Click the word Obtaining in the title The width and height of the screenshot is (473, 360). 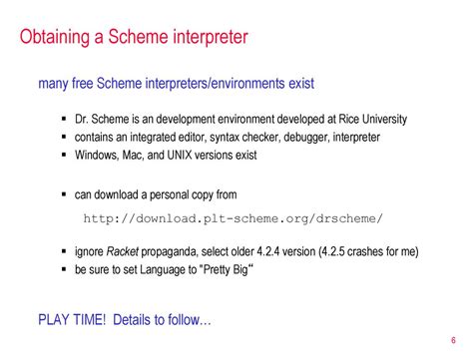click(55, 37)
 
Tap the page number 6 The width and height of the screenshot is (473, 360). click(453, 340)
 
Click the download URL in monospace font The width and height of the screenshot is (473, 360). click(234, 218)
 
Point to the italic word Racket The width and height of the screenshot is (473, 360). click(123, 251)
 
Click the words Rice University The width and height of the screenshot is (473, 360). click(373, 119)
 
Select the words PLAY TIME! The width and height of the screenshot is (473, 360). click(72, 320)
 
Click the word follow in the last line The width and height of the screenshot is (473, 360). click(184, 320)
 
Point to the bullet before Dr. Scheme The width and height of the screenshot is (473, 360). click(64, 119)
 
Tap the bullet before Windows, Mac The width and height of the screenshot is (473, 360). click(64, 155)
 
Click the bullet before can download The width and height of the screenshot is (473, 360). click(64, 194)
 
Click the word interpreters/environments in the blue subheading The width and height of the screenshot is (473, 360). click(216, 83)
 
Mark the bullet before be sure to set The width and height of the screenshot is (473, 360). click(64, 269)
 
